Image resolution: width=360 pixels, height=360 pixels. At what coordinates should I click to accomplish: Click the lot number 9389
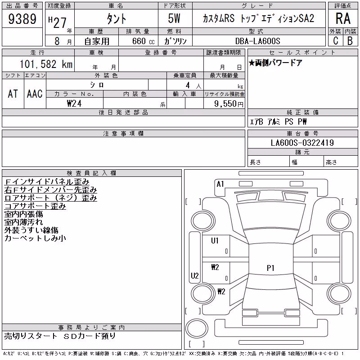(x=22, y=19)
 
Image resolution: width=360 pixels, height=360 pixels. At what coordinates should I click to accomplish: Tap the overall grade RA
(x=343, y=18)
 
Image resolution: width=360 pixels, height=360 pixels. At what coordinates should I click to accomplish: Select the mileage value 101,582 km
(x=46, y=64)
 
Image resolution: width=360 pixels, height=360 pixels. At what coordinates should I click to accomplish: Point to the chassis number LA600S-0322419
(x=302, y=143)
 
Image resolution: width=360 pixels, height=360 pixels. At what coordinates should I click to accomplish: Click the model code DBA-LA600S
(x=257, y=41)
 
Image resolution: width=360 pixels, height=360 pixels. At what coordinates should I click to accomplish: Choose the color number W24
(x=74, y=103)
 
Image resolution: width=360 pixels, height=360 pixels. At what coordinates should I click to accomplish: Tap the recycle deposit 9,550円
(x=229, y=104)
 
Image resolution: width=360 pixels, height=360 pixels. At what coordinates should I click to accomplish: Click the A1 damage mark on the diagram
(x=220, y=184)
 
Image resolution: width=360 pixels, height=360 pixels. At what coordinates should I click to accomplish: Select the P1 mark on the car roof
(x=270, y=268)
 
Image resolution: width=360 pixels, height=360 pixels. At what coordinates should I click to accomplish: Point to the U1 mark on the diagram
(x=215, y=241)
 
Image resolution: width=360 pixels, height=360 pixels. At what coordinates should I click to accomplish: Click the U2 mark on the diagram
(x=195, y=275)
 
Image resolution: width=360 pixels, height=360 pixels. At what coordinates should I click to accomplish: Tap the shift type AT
(x=13, y=94)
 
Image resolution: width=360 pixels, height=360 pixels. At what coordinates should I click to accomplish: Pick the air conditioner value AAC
(x=35, y=94)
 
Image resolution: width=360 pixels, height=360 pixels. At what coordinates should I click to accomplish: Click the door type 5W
(x=174, y=18)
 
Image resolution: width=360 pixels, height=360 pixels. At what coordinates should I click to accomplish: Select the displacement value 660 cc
(x=143, y=41)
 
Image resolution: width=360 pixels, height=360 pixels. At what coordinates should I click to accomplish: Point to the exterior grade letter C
(x=336, y=40)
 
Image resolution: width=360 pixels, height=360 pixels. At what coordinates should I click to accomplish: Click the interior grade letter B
(x=350, y=40)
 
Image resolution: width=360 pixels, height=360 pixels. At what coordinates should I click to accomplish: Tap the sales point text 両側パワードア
(x=278, y=63)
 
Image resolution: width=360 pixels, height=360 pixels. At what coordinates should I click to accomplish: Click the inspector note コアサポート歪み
(x=35, y=206)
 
